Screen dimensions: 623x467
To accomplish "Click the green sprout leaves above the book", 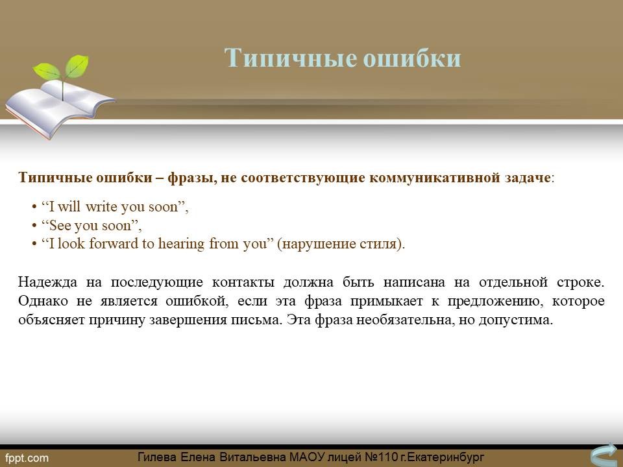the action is pos(62,67).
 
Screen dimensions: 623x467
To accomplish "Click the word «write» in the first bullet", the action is pos(101,206).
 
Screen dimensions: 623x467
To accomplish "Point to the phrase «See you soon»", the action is pos(90,226).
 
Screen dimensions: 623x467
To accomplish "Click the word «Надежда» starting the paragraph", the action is pos(47,282).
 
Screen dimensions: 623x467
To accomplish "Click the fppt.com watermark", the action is pos(27,459).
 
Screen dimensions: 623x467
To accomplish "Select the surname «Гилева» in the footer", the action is pos(156,457).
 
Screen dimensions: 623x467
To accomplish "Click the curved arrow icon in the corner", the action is pos(605,455).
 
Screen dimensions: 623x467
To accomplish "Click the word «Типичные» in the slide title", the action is pos(291,58).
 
